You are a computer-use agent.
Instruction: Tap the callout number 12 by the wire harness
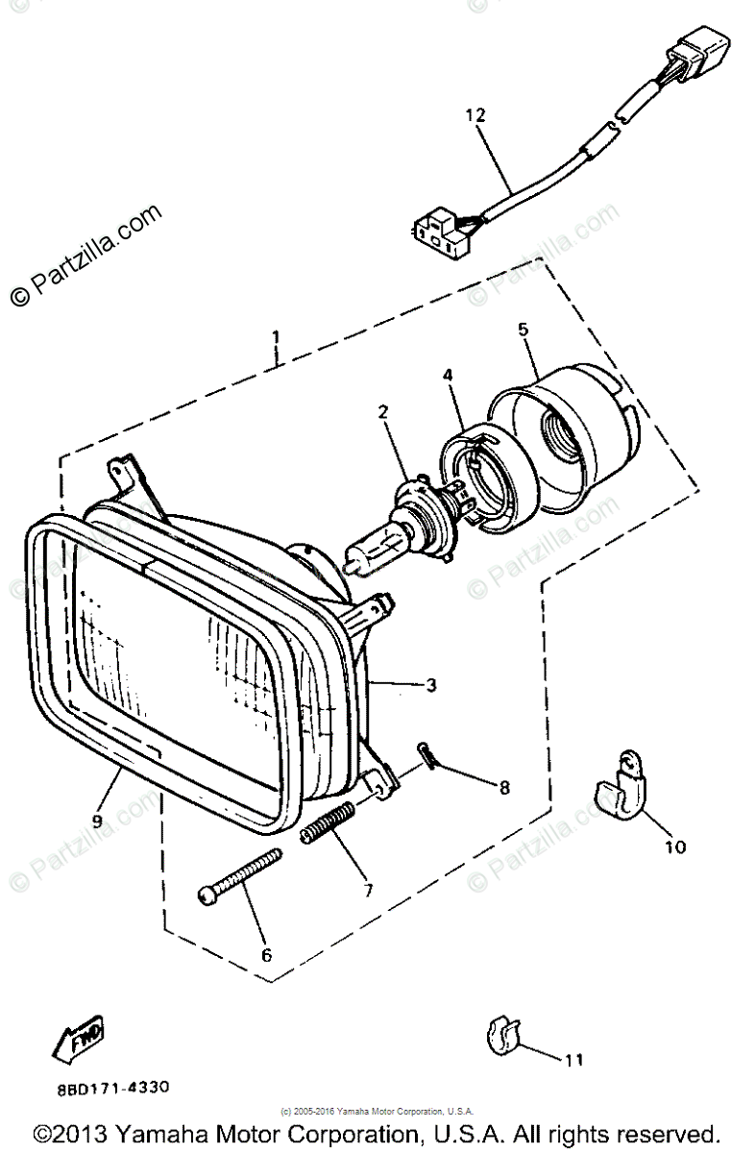pyautogui.click(x=475, y=115)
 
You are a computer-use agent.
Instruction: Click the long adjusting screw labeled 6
pyautogui.click(x=241, y=875)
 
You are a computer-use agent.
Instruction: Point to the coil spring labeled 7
pyautogui.click(x=327, y=824)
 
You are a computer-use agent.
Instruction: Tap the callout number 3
pyautogui.click(x=431, y=685)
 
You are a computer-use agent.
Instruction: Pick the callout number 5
pyautogui.click(x=523, y=330)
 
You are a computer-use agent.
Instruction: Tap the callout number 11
pyautogui.click(x=573, y=1061)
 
